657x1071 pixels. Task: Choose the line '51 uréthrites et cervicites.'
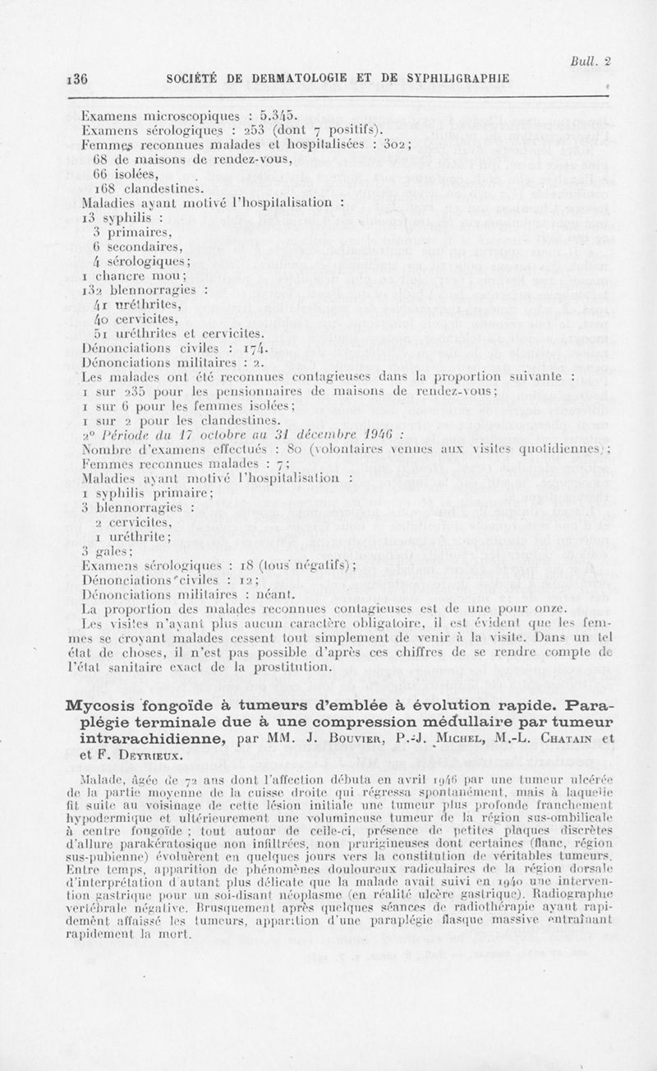179,333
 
